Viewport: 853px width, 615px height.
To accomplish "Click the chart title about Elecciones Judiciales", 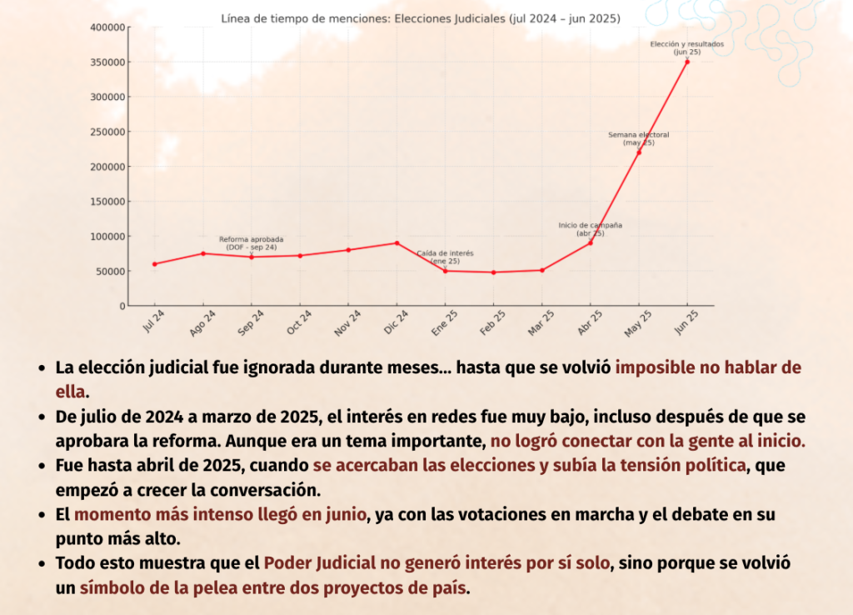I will point(421,17).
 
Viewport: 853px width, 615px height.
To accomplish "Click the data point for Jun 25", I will point(687,62).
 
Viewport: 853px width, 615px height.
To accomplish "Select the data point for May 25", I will point(639,152).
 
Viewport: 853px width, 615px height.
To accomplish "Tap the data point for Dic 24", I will point(397,242).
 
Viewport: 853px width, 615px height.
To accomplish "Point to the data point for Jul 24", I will point(155,264).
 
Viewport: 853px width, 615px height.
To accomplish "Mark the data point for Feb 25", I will point(493,272).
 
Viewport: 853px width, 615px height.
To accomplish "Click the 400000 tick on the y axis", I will point(107,27).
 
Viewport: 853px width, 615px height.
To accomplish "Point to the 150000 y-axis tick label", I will point(107,202).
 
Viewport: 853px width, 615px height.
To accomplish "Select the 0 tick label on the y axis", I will point(121,306).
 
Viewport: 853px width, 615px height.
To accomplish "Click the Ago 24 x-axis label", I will point(202,323).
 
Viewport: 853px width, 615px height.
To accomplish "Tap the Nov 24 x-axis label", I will point(347,323).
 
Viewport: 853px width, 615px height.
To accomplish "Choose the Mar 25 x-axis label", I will point(541,323).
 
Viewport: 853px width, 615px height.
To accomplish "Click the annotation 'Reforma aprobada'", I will point(251,240).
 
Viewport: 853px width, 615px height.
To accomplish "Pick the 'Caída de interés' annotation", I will point(445,253).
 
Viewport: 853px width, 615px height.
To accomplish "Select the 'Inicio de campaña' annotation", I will point(590,225).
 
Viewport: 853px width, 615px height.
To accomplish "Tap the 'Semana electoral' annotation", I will point(638,135).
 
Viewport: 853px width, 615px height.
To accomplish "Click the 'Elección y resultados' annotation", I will point(686,44).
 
